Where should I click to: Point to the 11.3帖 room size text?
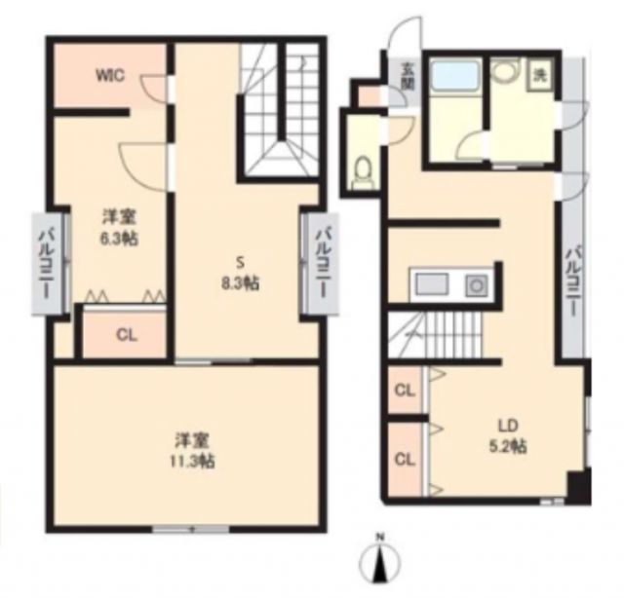tap(190, 461)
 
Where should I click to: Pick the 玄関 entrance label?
tap(405, 75)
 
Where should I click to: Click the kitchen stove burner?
tap(477, 285)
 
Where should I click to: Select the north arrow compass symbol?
tap(382, 562)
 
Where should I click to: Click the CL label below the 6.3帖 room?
tap(126, 334)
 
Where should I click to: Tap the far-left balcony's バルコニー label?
tap(46, 261)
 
